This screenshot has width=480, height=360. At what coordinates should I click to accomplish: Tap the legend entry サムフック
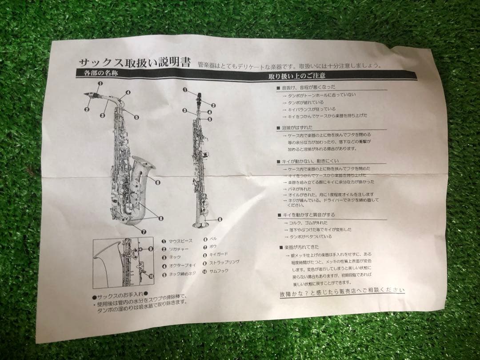(220, 271)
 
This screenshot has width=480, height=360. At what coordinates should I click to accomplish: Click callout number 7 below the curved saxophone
(144, 231)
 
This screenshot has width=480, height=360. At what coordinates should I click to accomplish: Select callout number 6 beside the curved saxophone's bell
(158, 181)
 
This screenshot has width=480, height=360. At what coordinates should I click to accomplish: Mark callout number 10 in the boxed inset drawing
(151, 276)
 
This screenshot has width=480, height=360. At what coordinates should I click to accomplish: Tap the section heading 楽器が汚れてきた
(302, 247)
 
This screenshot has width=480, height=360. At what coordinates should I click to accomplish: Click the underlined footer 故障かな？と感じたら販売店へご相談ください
(342, 292)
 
